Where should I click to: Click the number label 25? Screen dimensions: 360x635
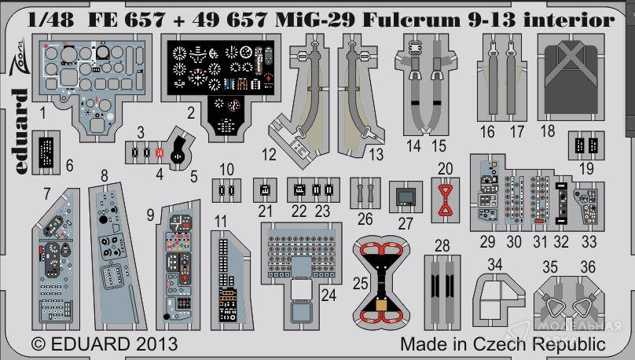[361, 282]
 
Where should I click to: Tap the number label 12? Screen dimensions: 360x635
[270, 153]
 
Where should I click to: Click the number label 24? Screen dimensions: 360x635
[328, 296]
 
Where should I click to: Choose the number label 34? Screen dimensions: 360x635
[494, 266]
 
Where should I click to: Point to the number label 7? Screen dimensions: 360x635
[47, 193]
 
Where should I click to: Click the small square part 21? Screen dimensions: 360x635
[264, 189]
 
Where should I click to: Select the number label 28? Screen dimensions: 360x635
[442, 246]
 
